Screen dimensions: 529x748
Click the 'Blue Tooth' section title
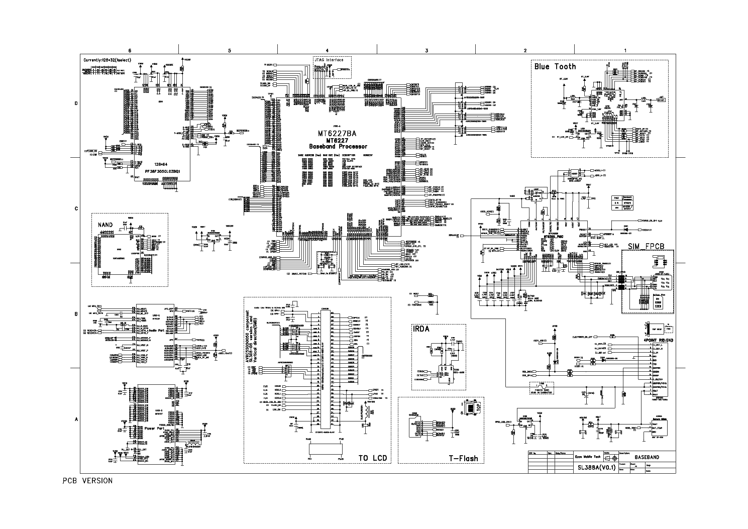coord(555,66)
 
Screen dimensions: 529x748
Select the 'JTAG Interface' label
coord(329,60)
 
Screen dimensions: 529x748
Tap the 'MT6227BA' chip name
coord(337,133)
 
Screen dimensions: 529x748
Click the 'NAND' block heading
coord(105,225)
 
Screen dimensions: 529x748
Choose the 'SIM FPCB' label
coord(646,246)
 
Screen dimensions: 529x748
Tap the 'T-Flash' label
coord(463,458)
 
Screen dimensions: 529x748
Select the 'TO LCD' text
coord(372,458)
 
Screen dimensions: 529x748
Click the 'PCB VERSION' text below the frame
coord(87,481)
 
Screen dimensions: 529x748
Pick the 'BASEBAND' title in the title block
coord(647,458)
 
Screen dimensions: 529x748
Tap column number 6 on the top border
coord(130,50)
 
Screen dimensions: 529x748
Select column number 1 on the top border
coord(625,50)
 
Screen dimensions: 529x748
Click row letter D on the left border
coord(76,104)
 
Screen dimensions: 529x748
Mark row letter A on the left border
coord(76,419)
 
